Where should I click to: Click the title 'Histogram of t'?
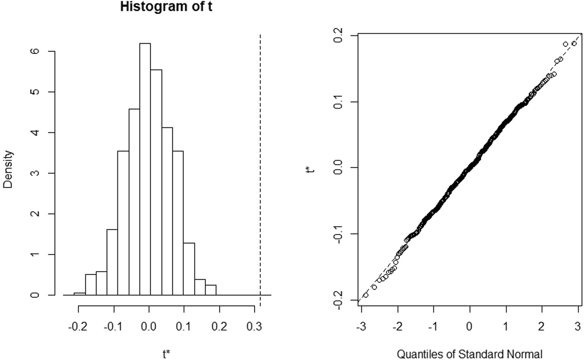(166, 7)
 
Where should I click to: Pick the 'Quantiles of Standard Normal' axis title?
(469, 354)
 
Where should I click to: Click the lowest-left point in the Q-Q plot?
(366, 295)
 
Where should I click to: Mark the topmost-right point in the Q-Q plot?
(574, 43)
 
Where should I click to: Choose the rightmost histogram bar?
(211, 290)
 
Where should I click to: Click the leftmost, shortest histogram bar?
(80, 293)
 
